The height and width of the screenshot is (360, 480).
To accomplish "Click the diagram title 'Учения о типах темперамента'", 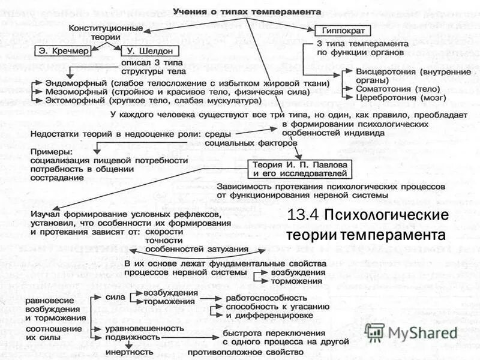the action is pyautogui.click(x=247, y=12).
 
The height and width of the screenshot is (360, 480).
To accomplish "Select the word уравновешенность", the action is pyautogui.click(x=144, y=328).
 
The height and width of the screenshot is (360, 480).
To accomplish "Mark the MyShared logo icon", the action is pyautogui.click(x=374, y=332).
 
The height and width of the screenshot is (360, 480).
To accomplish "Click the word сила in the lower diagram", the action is pyautogui.click(x=115, y=296).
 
